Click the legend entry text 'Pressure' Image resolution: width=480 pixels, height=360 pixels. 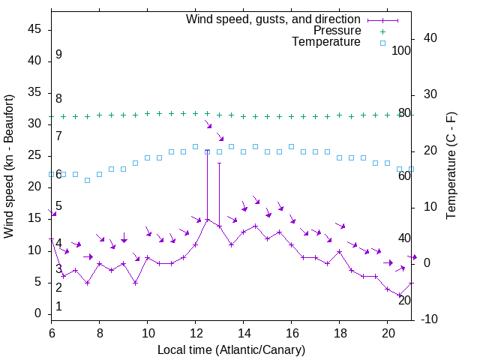[x=337, y=31]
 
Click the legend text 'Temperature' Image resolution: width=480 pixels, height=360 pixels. [x=326, y=43]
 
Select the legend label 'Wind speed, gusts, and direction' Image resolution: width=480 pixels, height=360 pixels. [x=274, y=19]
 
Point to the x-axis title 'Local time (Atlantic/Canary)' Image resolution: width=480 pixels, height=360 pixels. [x=231, y=350]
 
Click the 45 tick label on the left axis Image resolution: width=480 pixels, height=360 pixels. [x=35, y=28]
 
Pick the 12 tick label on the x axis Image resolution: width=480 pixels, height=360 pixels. [x=195, y=331]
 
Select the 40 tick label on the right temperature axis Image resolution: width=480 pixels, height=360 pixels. [x=430, y=38]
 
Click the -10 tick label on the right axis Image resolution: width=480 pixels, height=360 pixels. [x=430, y=319]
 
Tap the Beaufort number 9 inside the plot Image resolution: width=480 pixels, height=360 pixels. [x=58, y=55]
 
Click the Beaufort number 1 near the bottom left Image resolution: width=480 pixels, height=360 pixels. [x=58, y=307]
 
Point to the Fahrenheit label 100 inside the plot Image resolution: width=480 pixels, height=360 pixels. [x=402, y=50]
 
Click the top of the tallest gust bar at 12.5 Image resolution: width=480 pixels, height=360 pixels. [x=207, y=150]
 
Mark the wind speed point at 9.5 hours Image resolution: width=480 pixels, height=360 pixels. [x=135, y=283]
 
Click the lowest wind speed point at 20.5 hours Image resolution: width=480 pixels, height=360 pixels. [x=399, y=295]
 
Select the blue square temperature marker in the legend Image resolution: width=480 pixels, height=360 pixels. [x=382, y=43]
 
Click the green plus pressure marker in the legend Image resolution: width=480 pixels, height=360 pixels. [x=382, y=31]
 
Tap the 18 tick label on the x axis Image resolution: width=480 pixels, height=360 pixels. [x=339, y=331]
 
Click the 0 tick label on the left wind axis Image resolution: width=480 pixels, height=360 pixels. [x=39, y=313]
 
